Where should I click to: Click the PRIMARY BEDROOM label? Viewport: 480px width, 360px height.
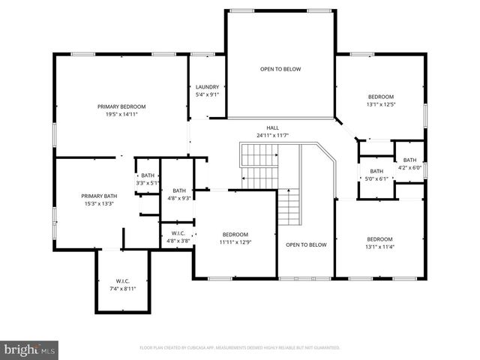121,106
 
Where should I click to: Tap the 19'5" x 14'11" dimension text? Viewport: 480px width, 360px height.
121,114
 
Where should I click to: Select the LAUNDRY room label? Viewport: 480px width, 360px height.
207,87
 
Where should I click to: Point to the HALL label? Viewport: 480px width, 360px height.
272,127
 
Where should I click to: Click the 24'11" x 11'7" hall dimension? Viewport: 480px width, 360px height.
272,135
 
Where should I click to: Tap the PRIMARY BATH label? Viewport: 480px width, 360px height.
99,196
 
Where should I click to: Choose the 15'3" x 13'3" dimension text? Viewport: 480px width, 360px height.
99,203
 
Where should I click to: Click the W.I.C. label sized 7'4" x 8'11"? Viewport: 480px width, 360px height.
123,281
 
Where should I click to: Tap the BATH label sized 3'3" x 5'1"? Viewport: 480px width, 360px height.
148,175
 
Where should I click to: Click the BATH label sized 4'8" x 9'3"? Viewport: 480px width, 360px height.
178,190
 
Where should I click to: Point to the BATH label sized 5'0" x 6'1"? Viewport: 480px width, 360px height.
376,171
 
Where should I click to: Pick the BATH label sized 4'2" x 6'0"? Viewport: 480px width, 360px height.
409,160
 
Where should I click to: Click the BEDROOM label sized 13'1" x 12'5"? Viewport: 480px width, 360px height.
380,97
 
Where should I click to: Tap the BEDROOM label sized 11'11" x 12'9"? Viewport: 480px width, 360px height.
235,235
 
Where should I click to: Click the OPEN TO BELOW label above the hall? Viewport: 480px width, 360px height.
280,69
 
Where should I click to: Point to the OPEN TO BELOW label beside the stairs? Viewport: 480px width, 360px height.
306,244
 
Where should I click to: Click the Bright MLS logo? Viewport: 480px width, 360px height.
30,349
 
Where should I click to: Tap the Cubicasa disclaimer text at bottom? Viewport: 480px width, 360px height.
240,347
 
